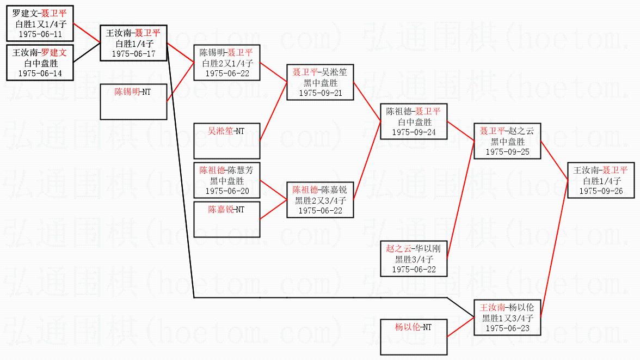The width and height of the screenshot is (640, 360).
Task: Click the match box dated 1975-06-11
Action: (x=40, y=23)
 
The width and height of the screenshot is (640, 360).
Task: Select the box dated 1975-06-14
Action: (x=40, y=63)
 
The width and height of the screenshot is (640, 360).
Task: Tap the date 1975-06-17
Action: (x=133, y=54)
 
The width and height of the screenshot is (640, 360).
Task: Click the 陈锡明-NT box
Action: (x=133, y=101)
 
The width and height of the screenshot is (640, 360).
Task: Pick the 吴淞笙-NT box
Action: (x=227, y=140)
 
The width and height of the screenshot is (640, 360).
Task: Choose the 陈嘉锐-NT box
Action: (x=227, y=219)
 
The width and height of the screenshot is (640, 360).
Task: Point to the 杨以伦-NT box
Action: (x=414, y=337)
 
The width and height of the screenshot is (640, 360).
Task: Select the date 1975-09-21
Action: (x=321, y=93)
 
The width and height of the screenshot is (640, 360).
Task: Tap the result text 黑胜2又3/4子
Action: (x=321, y=200)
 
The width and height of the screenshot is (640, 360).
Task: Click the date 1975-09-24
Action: (x=414, y=131)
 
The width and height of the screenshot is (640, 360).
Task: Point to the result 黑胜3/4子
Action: (x=414, y=259)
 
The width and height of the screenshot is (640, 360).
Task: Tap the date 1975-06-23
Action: (x=507, y=328)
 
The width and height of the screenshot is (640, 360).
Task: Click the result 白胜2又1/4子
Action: (x=227, y=63)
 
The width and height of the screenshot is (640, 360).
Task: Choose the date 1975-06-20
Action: (x=227, y=191)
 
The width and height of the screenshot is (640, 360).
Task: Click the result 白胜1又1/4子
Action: (x=40, y=23)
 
